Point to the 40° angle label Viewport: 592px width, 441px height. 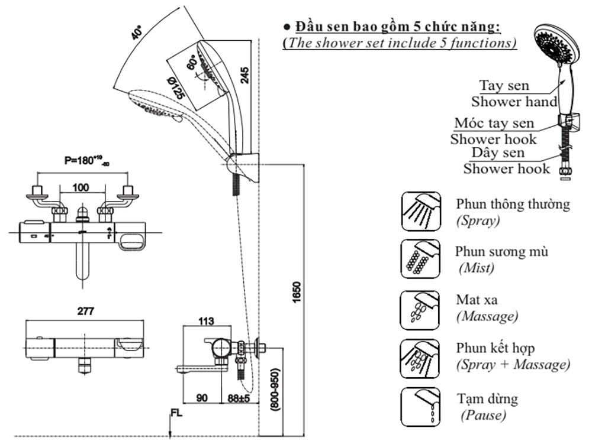137,33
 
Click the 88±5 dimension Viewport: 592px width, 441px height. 237,398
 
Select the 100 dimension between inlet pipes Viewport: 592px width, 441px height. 81,187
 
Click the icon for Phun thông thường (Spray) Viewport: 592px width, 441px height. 420,211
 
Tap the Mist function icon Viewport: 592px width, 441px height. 420,259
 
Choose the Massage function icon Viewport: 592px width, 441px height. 420,309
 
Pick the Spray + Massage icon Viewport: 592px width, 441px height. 420,358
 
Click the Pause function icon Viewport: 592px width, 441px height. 420,407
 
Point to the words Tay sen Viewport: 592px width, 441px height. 504,86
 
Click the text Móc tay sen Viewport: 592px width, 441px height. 494,124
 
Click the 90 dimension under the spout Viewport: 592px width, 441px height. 202,398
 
